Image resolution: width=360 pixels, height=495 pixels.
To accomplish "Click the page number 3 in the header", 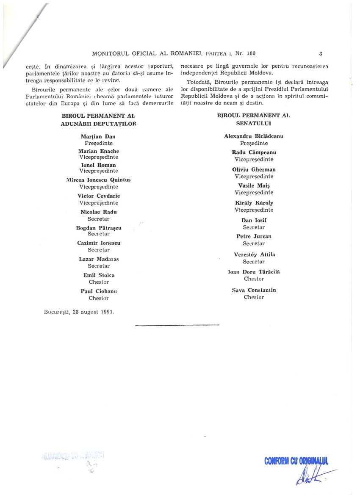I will click(x=321, y=53).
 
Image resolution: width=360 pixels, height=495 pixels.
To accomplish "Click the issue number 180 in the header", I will click(x=251, y=53).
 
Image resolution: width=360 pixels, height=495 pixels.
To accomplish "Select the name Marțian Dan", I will click(x=98, y=136).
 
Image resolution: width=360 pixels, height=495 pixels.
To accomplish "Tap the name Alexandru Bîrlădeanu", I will click(x=253, y=136).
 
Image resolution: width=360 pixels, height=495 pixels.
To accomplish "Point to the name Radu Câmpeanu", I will click(x=253, y=152).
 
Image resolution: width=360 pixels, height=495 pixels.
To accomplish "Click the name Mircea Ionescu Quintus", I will click(x=98, y=180).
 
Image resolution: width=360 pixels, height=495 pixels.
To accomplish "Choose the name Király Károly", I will click(x=253, y=203).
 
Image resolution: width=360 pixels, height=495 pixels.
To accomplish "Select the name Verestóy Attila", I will click(x=254, y=254).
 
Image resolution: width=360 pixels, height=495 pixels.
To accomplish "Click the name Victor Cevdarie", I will click(x=99, y=196).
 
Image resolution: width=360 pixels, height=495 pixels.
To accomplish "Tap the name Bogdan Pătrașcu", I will click(x=99, y=228).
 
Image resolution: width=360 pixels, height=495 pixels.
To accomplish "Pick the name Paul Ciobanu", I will click(x=99, y=291).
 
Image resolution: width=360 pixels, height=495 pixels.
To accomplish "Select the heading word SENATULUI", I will click(x=254, y=123).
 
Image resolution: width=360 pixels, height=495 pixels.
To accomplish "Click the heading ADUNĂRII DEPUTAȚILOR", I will click(x=99, y=123).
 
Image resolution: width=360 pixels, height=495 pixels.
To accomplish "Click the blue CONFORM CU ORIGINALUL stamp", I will click(x=296, y=461).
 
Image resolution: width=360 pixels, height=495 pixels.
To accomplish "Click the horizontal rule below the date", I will click(x=177, y=325).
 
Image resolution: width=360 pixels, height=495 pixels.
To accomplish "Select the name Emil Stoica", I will click(x=99, y=275).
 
